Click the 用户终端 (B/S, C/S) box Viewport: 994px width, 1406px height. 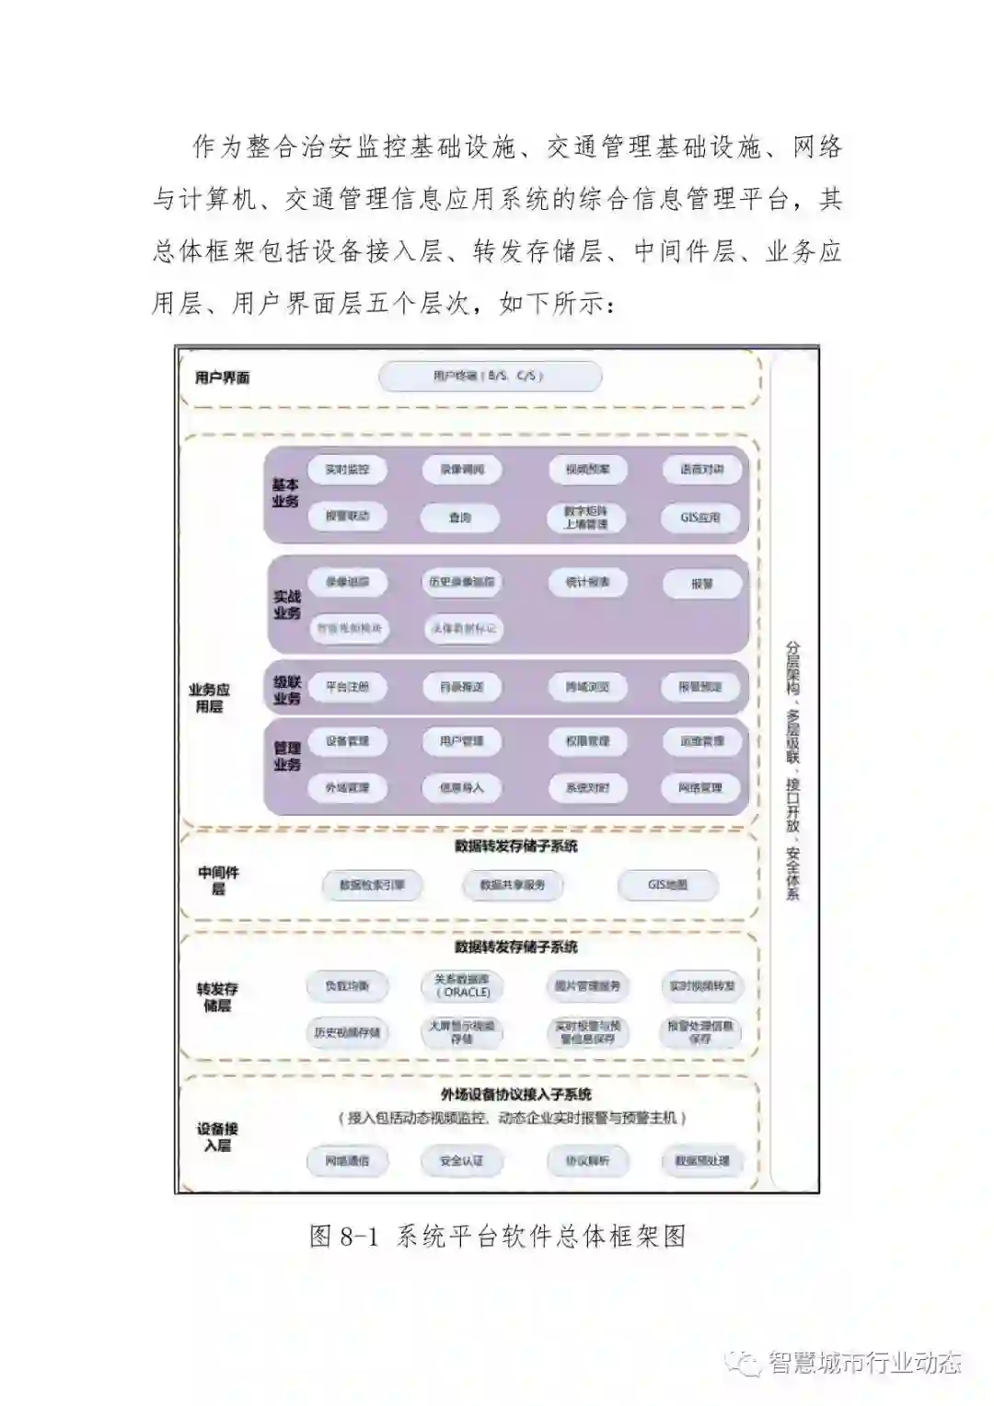[491, 377]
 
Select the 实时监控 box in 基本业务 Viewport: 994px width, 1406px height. [347, 470]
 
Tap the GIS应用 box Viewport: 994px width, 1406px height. [700, 517]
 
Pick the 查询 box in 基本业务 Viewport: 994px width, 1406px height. [460, 517]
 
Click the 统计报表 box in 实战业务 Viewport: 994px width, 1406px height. [587, 582]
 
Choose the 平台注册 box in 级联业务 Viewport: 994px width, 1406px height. [347, 687]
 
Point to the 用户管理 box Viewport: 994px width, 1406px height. [461, 741]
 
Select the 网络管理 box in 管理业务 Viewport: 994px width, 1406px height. [700, 788]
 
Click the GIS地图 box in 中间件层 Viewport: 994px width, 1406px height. [667, 885]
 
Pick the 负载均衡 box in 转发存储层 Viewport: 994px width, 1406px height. [347, 986]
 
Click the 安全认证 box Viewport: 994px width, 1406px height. [461, 1161]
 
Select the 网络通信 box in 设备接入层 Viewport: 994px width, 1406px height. [347, 1161]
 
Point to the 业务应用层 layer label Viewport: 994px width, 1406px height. [209, 698]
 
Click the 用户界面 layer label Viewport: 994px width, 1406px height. [223, 378]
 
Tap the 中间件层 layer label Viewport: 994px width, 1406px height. [218, 880]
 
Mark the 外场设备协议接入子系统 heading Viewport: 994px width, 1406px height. [515, 1095]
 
